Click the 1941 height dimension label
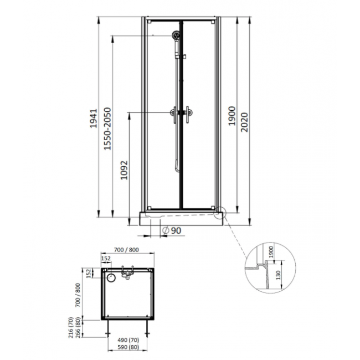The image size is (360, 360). tap(94, 119)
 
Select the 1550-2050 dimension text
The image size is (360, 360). tap(107, 129)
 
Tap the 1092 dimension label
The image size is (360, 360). tap(124, 170)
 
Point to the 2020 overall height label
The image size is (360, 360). tap(244, 122)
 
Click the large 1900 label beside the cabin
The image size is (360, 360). tap(232, 116)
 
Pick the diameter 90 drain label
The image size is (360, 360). tap(172, 230)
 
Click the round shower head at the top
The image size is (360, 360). tap(176, 35)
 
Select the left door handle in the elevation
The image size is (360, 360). tap(174, 114)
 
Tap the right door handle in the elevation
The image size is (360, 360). tap(189, 114)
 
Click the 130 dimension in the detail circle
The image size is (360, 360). tap(278, 275)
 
